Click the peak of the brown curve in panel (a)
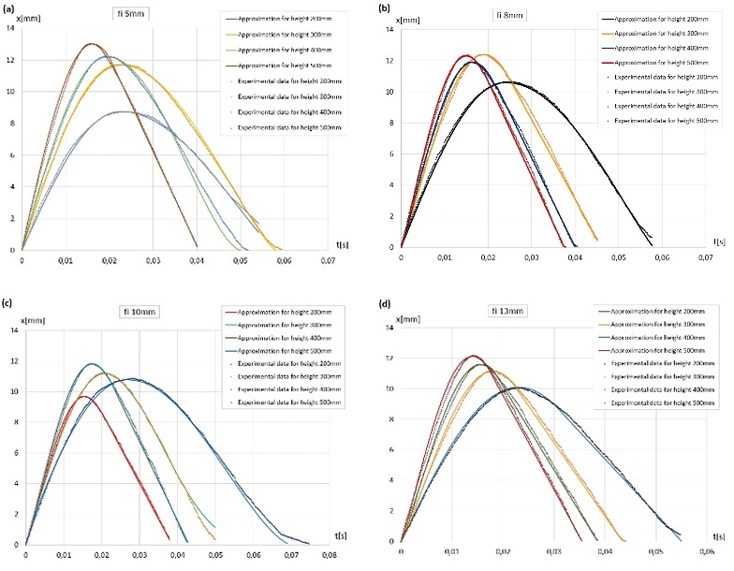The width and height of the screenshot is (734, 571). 90,43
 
